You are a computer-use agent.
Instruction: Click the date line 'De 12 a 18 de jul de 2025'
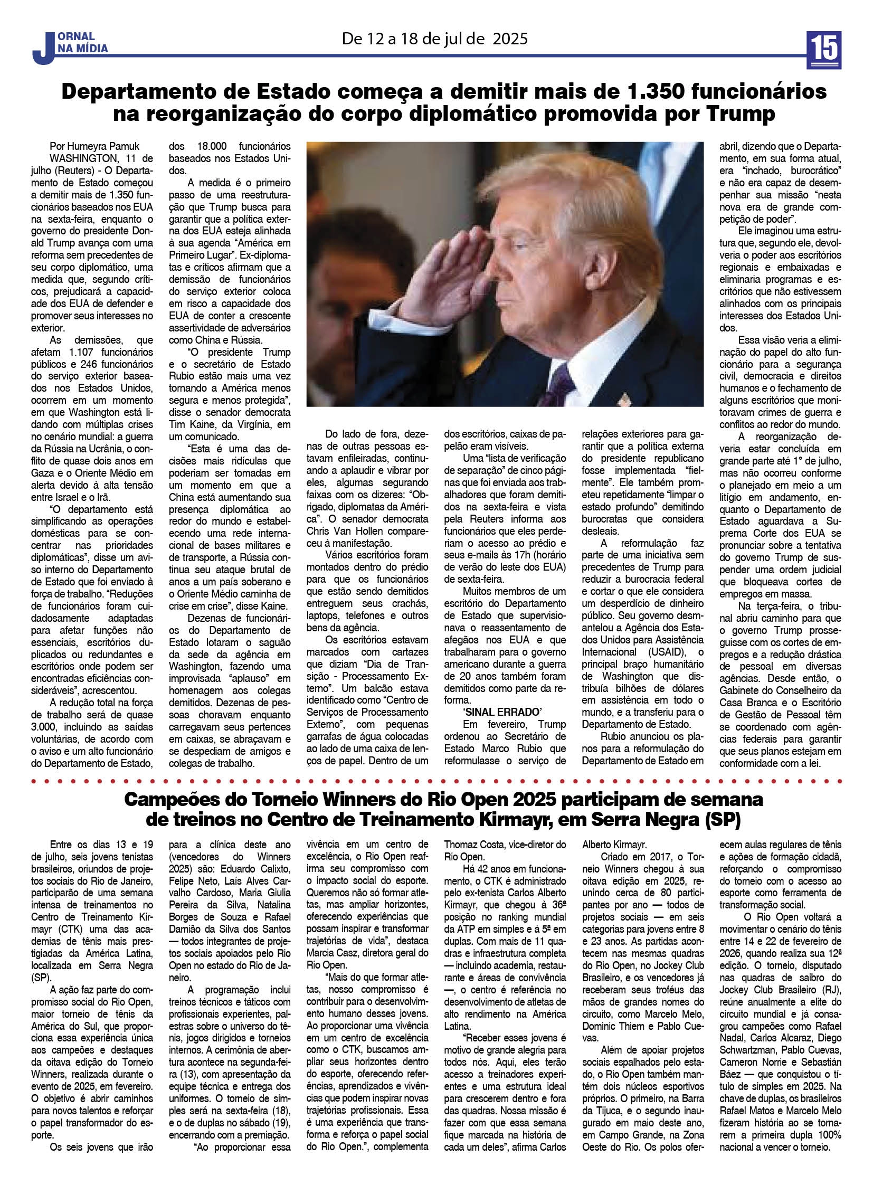(435, 39)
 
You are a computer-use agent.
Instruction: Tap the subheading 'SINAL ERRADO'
(495, 713)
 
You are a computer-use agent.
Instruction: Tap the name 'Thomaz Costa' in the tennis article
(477, 845)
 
